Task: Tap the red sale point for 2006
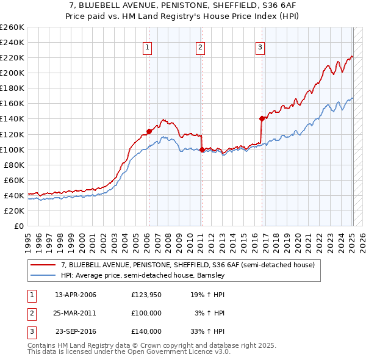click(x=149, y=131)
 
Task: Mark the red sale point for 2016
click(x=262, y=118)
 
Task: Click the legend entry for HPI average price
click(x=143, y=275)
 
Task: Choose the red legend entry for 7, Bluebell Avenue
click(x=187, y=265)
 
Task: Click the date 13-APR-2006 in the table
click(x=76, y=295)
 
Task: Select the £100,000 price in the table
click(x=146, y=313)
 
